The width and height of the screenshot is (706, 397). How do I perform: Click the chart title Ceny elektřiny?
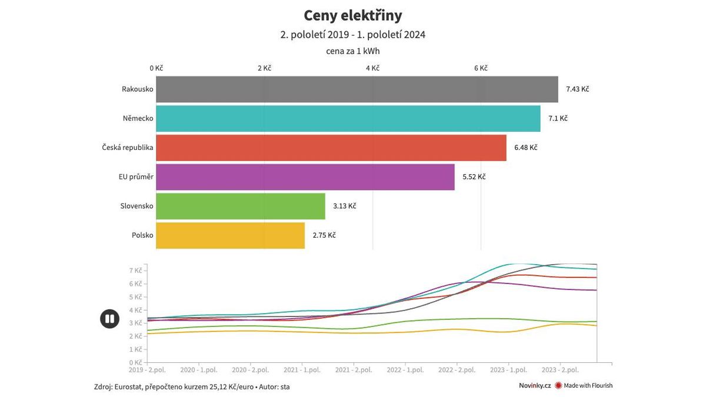pos(352,15)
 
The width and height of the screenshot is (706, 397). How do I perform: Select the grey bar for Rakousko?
pos(357,89)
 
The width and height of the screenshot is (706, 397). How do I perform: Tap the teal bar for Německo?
pos(348,118)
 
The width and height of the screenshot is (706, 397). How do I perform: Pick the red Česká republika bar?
pos(331,148)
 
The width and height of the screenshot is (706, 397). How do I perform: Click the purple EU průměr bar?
pos(305,177)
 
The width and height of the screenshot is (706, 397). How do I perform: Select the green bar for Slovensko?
pos(240,206)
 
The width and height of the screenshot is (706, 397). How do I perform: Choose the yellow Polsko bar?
pos(230,235)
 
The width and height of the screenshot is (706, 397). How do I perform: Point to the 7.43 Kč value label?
pos(577,89)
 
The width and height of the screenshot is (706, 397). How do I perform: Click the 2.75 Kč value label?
pos(324,235)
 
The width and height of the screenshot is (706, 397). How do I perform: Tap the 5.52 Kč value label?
pos(474,177)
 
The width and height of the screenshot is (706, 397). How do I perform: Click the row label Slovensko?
pos(136,206)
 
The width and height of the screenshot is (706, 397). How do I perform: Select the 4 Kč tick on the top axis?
pos(372,68)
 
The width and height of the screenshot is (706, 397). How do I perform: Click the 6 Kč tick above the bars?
pos(481,68)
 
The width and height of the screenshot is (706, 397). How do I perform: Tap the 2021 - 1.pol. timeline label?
pos(302,370)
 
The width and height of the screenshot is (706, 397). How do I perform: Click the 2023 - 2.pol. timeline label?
pos(560,370)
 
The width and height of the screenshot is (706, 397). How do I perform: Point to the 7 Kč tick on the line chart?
pos(135,271)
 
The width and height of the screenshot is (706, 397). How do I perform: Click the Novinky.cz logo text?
pos(534,386)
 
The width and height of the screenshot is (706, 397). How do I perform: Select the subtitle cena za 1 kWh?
pos(352,51)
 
